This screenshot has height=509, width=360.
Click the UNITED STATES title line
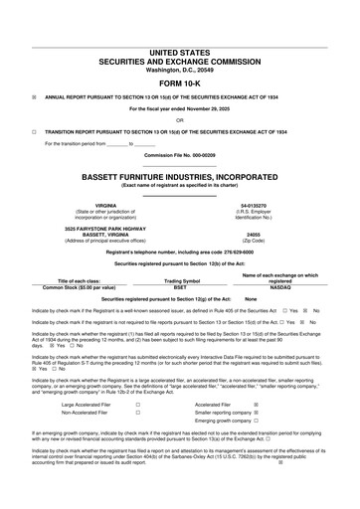pos(180,51)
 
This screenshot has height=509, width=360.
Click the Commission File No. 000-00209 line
pos(180,156)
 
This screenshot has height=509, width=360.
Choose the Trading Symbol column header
pos(180,280)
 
